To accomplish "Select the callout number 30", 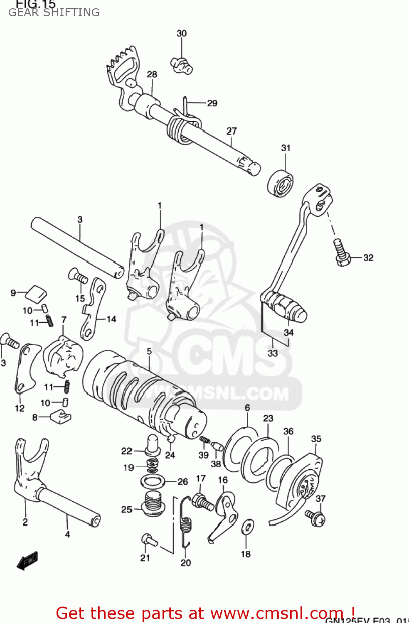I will [x=182, y=33].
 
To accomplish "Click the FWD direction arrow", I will [x=27, y=561].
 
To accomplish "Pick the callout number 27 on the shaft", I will [x=232, y=131].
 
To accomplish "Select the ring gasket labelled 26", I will [x=153, y=482].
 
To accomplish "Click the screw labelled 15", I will [x=78, y=276].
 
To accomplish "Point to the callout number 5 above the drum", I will [x=149, y=351].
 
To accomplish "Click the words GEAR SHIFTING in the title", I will [x=54, y=12].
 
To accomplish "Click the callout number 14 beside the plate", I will [x=111, y=319].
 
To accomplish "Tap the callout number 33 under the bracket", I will [x=273, y=353].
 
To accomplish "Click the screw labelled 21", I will [x=148, y=540].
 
